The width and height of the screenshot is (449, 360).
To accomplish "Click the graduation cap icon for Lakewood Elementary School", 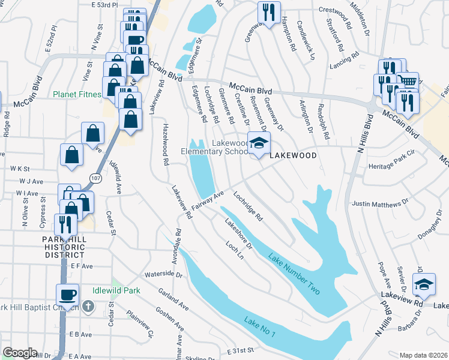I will click(259, 143).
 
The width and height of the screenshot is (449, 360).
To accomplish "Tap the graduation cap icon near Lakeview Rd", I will click(424, 284).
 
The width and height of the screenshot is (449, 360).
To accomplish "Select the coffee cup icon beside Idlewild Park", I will click(67, 295).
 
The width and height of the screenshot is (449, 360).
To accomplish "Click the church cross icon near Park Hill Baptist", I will click(88, 307).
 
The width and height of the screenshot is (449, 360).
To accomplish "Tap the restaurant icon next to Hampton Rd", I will click(268, 11).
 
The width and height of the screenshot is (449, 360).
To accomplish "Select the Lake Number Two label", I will click(294, 274).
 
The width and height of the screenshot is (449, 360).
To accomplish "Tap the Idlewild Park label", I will click(116, 290).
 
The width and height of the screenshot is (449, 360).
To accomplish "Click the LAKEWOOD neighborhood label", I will click(292, 155).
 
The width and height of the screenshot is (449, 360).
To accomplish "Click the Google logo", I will click(19, 353).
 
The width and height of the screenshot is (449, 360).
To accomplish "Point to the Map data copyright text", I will click(423, 355).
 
